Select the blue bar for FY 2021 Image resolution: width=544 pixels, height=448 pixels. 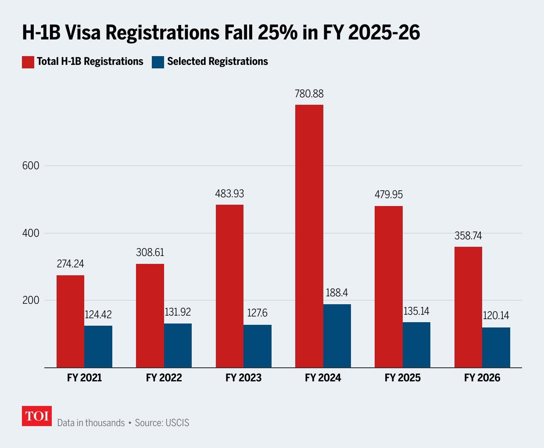tap(98, 346)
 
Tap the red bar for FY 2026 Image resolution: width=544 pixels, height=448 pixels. tap(468, 307)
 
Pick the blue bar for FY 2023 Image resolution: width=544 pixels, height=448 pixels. tap(258, 346)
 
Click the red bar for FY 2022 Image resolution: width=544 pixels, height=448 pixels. tap(150, 316)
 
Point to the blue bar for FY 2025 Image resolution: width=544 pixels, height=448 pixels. tap(416, 345)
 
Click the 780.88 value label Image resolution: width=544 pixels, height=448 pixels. tap(309, 94)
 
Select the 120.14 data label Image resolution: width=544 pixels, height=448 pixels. tap(496, 316)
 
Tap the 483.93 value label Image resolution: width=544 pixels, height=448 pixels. tap(229, 194)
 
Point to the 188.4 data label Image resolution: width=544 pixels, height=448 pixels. tap(337, 293)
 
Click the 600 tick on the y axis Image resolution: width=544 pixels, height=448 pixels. tap(31, 166)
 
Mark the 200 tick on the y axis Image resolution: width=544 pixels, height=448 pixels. tap(31, 300)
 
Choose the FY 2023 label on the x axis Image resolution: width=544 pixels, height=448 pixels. tap(243, 378)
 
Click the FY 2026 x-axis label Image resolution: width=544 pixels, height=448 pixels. tap(482, 378)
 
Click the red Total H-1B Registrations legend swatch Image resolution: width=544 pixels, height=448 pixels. tap(28, 62)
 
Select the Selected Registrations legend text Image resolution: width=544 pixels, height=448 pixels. tap(217, 62)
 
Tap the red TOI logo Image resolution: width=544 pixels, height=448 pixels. tap(37, 416)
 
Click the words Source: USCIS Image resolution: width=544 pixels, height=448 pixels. tap(162, 423)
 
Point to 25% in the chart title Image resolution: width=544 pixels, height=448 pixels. tap(278, 33)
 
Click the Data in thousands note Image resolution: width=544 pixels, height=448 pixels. tap(91, 423)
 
